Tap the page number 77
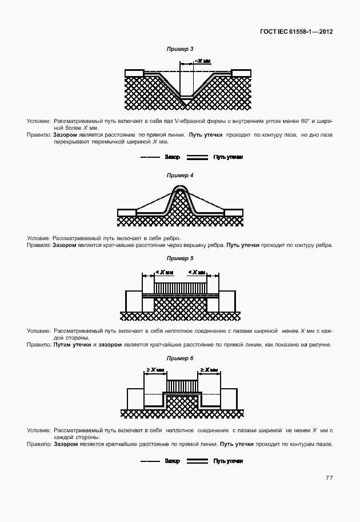[x=329, y=477]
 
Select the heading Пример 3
[x=179, y=49]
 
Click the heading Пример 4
[x=179, y=176]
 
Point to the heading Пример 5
[x=179, y=258]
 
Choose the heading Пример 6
[x=179, y=358]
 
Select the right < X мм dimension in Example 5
[x=199, y=272]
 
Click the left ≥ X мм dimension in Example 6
[x=156, y=370]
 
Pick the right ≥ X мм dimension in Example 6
[x=207, y=370]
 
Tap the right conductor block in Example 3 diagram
[x=241, y=73]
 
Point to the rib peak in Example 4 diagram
[x=180, y=189]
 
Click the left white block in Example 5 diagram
[x=134, y=300]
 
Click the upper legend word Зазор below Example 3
[x=172, y=157]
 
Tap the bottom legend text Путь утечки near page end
[x=229, y=461]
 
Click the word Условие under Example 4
[x=38, y=238]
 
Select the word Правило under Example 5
[x=39, y=345]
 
